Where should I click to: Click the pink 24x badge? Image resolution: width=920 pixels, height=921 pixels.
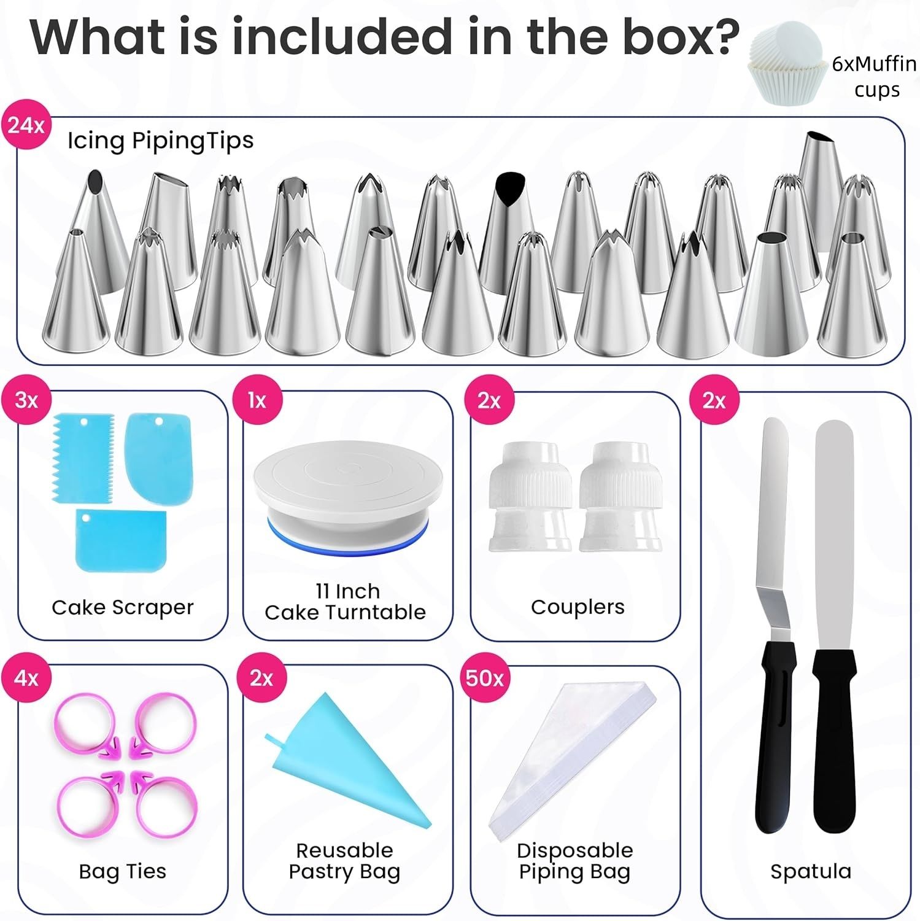tap(26, 125)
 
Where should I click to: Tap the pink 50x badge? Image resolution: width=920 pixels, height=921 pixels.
tap(484, 678)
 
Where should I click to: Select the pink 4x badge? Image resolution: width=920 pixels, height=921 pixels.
tap(26, 678)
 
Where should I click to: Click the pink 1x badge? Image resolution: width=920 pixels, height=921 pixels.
tap(257, 400)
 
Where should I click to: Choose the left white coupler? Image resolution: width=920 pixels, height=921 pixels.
tap(530, 497)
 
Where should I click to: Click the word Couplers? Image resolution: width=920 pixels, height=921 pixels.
tap(578, 607)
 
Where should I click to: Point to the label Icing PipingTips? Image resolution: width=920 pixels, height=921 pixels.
tap(160, 141)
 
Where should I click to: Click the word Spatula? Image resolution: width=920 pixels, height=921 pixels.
tap(810, 871)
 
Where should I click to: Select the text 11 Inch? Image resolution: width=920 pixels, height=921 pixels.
tap(347, 591)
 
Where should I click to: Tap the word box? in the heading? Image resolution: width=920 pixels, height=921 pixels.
tap(681, 37)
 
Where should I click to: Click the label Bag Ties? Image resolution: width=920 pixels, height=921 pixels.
tap(122, 871)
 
